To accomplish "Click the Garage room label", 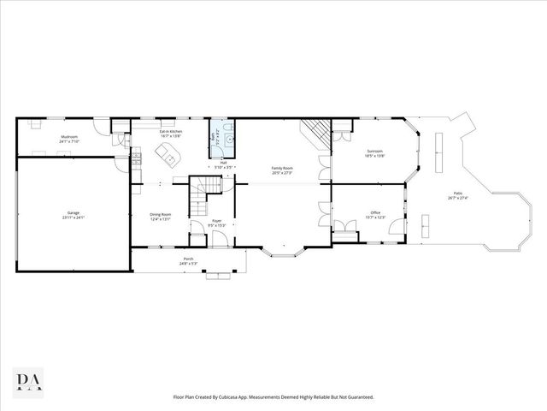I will click(73, 212).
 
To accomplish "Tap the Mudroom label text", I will click(70, 137).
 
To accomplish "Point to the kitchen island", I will click(168, 155).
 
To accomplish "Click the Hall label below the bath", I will click(223, 163).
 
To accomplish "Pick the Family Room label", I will click(282, 168).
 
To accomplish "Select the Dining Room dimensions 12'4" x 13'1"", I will click(161, 219).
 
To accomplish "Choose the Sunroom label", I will click(374, 151).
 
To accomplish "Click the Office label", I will click(375, 212).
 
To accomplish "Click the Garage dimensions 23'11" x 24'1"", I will click(73, 217).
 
